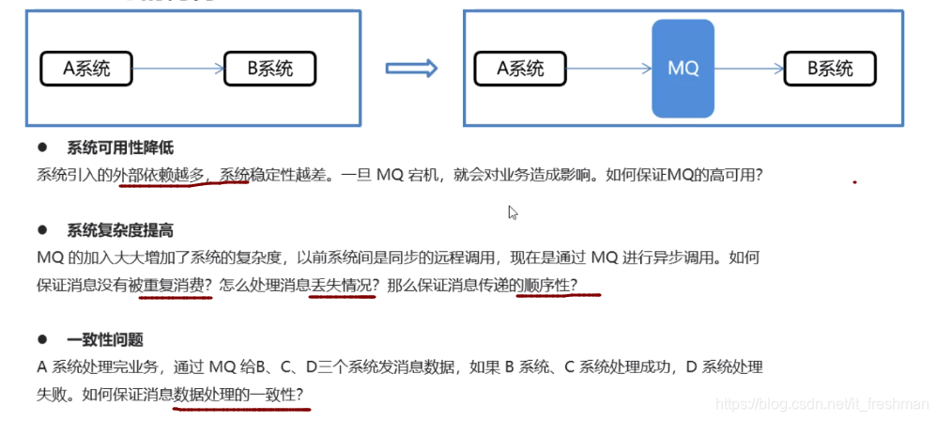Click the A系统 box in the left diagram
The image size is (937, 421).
[x=86, y=68]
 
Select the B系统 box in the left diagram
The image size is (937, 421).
[x=269, y=68]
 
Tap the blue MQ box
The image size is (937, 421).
[x=683, y=69]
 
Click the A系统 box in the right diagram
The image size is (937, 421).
[x=520, y=68]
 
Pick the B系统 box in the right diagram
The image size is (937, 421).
[x=830, y=68]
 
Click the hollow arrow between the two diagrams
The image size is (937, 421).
[x=412, y=69]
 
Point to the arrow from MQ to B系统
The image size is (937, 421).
[x=748, y=68]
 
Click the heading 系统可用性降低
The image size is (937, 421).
[x=120, y=148]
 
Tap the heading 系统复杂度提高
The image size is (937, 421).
[x=120, y=229]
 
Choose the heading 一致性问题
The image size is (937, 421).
[x=105, y=339]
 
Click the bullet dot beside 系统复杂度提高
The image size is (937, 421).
[x=42, y=229]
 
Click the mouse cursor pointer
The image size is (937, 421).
[x=513, y=212]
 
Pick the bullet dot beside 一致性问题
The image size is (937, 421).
[x=42, y=339]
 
